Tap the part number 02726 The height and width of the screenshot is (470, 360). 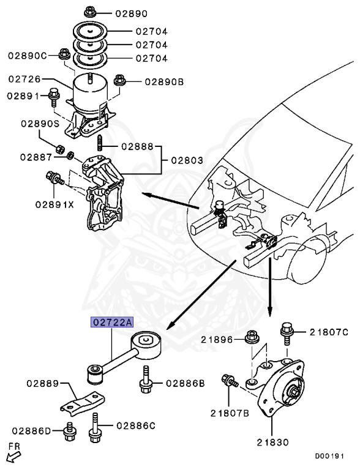[25, 79]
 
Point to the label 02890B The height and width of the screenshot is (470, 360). [163, 81]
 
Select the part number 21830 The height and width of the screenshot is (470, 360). [273, 441]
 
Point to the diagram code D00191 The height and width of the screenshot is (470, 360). [330, 455]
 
